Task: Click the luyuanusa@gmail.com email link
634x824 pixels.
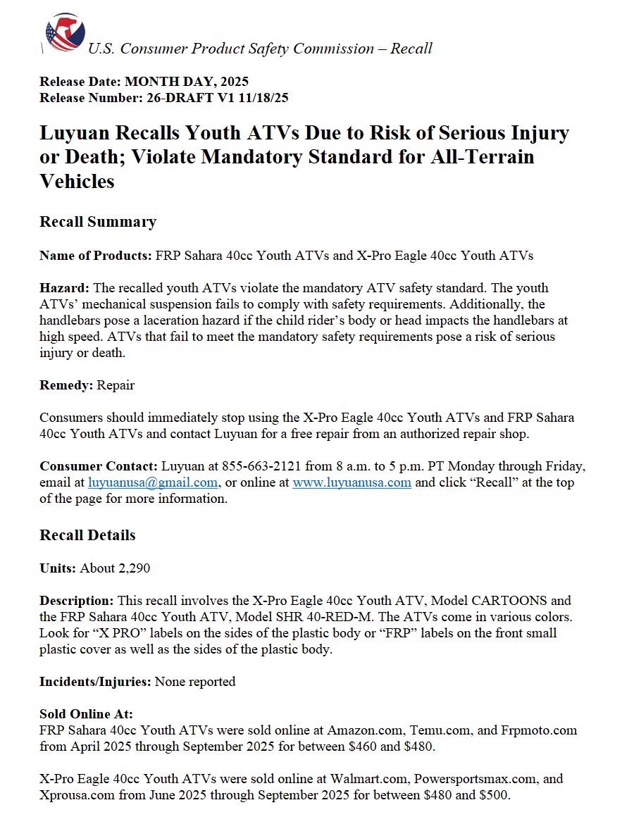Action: click(x=152, y=483)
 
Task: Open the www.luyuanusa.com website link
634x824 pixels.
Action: click(x=352, y=483)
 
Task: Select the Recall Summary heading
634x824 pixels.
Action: click(x=98, y=222)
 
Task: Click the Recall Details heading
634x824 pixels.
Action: click(x=87, y=535)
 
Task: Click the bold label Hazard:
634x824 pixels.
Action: click(x=65, y=288)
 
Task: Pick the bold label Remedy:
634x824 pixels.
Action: click(x=66, y=385)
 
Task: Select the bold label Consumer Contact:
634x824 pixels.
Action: click(x=99, y=466)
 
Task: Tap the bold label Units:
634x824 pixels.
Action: click(x=58, y=568)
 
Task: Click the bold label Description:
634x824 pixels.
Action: click(x=76, y=601)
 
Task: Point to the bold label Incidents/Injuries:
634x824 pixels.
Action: click(x=95, y=682)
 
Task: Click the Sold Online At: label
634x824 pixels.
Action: click(x=86, y=715)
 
